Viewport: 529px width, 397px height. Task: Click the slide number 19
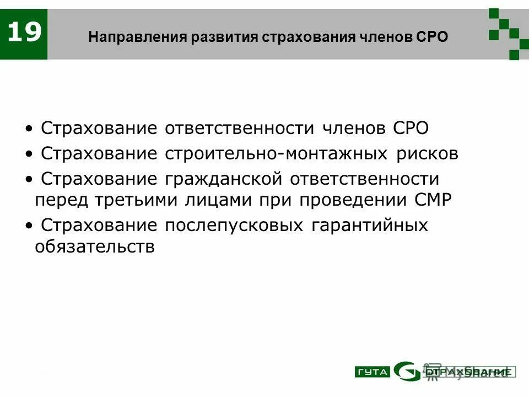pos(25,33)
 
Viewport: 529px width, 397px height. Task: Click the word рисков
pos(427,153)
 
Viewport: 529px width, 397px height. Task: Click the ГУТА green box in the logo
pos(372,372)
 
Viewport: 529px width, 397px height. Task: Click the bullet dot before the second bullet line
pos(29,154)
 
